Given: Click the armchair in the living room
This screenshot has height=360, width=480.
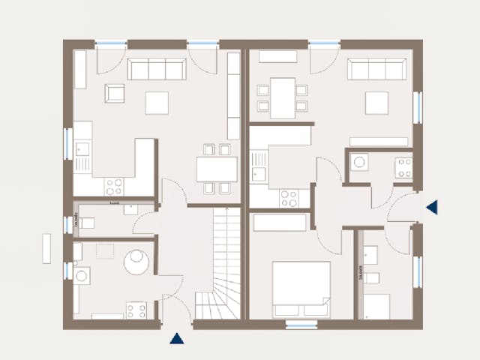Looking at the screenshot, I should pos(115,93).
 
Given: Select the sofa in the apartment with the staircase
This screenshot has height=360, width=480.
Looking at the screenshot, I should pos(156,70).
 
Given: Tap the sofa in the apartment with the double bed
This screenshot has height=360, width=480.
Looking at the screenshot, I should pos(376,70).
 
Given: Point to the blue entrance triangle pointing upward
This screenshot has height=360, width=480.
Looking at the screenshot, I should pos(177,338).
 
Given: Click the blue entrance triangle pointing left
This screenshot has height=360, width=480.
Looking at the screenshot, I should pos(431,208).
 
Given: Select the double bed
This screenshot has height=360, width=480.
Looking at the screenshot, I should pos(301,289).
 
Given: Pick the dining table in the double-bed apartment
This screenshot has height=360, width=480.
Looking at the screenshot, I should pos(283,98).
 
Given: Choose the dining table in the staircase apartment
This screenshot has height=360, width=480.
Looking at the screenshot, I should pos(217,169).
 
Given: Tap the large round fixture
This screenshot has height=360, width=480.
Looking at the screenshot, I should pos(136,262).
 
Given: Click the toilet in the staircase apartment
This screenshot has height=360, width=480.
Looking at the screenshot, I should pos(88,223).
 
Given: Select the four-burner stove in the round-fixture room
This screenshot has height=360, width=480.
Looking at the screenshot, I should pos(136,309).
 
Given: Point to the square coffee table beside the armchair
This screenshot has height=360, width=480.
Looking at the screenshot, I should pos(157,103).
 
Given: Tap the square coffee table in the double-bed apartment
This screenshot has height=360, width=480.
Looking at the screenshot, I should pos(376,103).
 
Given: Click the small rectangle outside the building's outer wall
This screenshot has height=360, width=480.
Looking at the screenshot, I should pos(46,248).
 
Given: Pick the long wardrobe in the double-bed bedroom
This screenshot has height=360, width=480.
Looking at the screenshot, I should pos(280,223).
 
